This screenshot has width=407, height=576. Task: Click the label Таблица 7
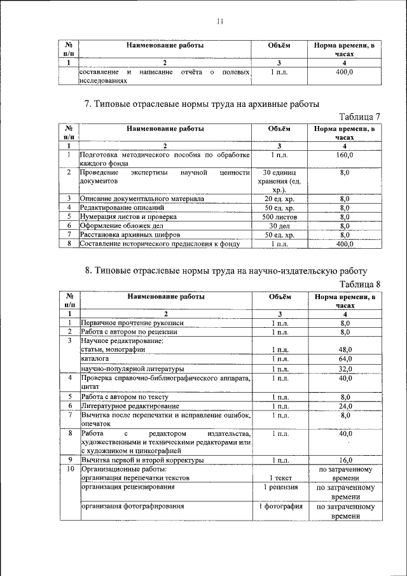[359, 116]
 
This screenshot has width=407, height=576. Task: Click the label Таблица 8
[359, 284]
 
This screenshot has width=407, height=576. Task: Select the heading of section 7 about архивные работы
[202, 103]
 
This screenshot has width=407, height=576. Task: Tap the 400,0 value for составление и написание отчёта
[345, 73]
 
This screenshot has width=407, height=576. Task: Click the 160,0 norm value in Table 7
[345, 155]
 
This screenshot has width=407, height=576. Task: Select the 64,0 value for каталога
[345, 359]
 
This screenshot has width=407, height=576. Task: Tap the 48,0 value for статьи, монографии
[345, 349]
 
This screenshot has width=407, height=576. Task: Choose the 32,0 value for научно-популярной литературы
[345, 369]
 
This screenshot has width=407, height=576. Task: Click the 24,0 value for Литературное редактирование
[345, 405]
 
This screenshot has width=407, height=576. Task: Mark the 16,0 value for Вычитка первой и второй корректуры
[345, 460]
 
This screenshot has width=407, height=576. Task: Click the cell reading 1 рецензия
[280, 488]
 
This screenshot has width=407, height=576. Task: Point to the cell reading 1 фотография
[280, 507]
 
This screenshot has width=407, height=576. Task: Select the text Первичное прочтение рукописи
[125, 323]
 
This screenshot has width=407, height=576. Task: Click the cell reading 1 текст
[280, 478]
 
